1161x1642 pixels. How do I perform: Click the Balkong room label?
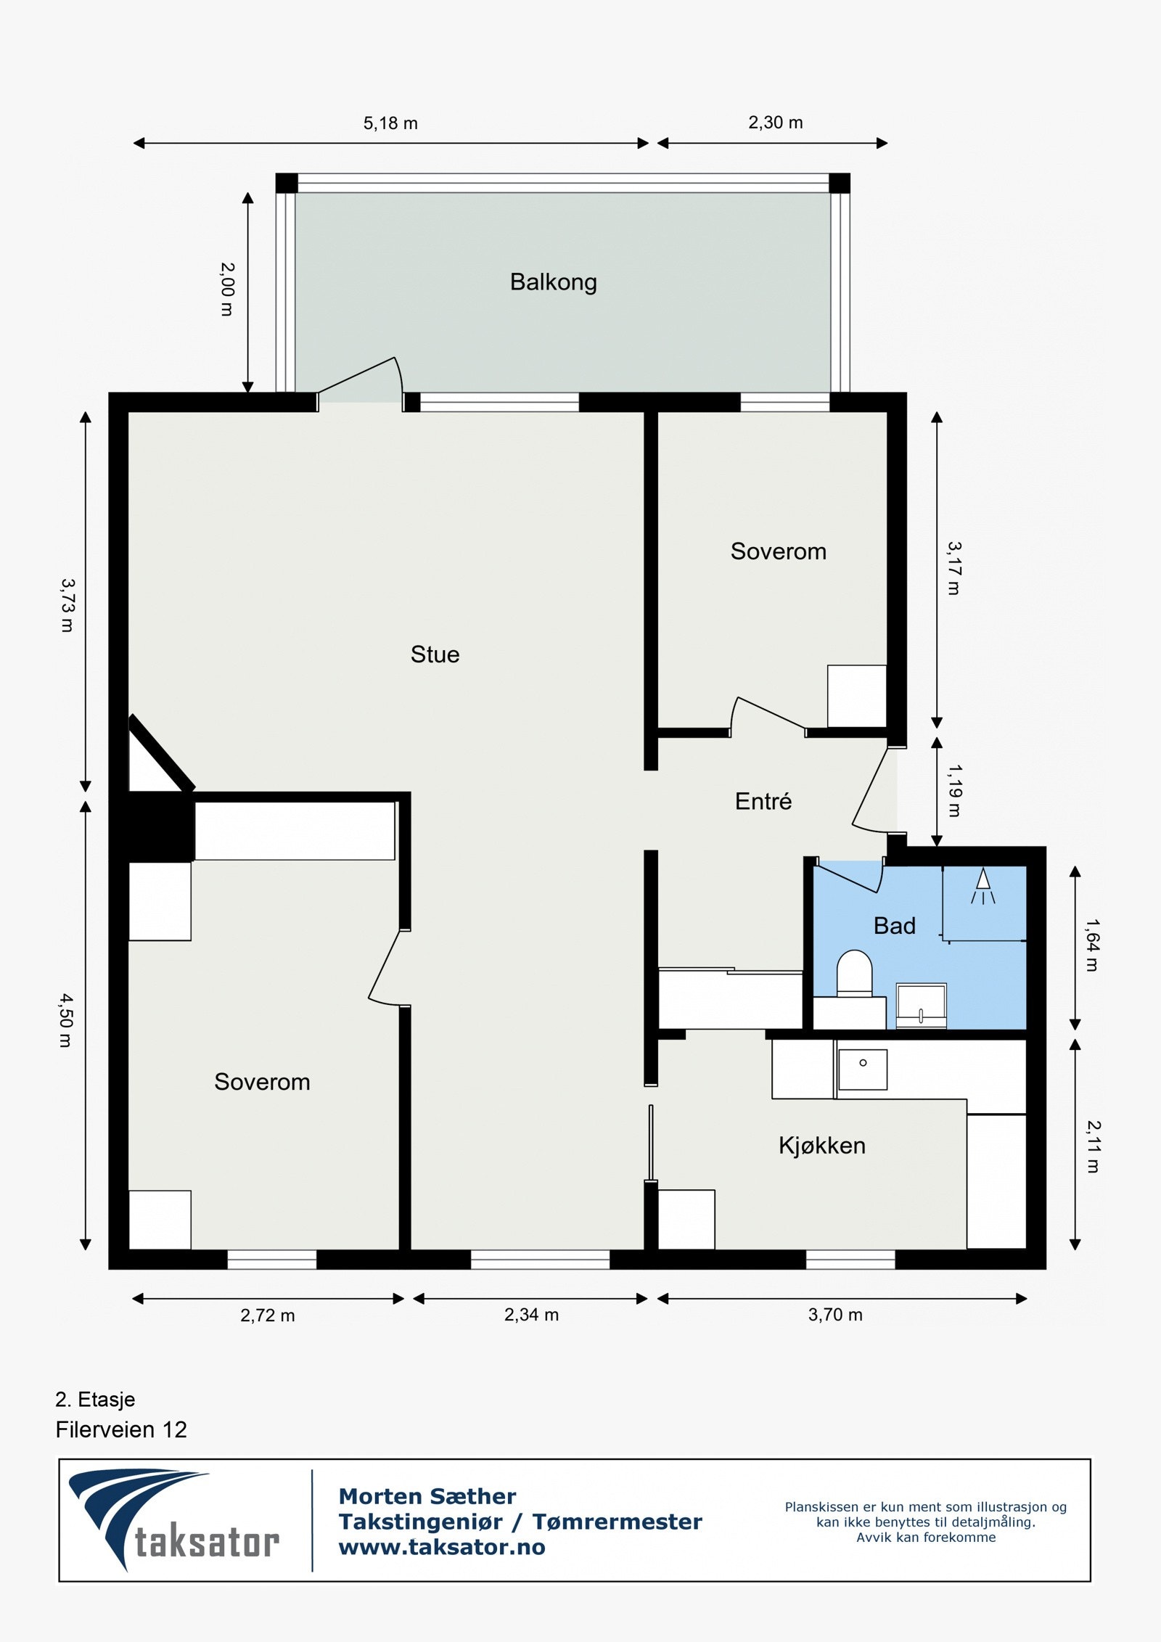point(553,282)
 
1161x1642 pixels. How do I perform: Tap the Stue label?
point(435,654)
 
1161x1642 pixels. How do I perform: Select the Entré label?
point(763,801)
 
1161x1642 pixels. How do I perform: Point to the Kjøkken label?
point(821,1146)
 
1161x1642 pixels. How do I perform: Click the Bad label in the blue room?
point(894,926)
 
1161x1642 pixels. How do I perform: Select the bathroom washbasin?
point(921,1006)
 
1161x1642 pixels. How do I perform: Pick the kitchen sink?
point(863,1070)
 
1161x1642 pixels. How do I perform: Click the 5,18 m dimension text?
point(390,123)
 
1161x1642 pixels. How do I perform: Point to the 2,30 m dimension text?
point(775,123)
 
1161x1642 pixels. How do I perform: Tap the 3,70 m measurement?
point(835,1315)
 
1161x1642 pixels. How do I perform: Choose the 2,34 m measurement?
point(531,1315)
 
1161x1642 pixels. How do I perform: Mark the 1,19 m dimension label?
point(954,790)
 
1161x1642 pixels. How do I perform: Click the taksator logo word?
point(207,1543)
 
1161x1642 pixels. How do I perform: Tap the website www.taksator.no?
point(442,1547)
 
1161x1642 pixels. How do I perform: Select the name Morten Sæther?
point(427,1496)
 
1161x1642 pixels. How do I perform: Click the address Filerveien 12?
point(121,1429)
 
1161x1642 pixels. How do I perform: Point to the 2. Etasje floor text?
point(95,1399)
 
